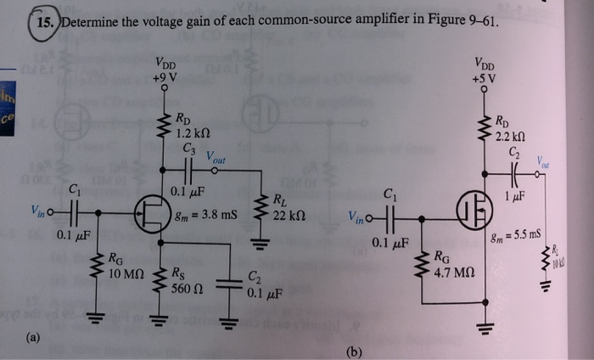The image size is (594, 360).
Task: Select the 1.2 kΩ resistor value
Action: pos(188,133)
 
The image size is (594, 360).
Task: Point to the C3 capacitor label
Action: pos(188,149)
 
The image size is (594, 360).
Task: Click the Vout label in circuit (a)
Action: pos(218,160)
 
